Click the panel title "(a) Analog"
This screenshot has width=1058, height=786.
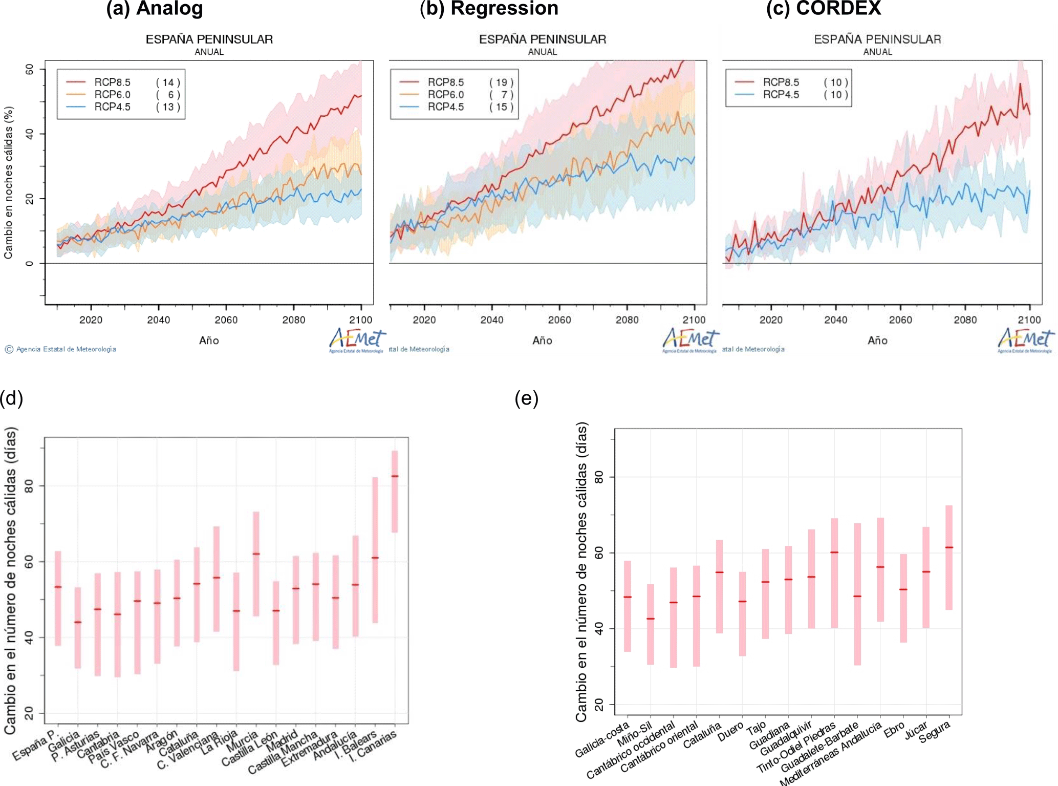point(154,9)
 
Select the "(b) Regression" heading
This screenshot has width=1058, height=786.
point(489,9)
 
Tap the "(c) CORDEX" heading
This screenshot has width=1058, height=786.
point(824,9)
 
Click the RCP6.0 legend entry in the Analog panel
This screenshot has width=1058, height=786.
point(112,95)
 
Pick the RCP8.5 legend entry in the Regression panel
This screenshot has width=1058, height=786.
point(445,82)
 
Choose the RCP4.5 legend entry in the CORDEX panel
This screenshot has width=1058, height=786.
point(781,95)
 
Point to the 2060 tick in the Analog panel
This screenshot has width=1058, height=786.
point(226,320)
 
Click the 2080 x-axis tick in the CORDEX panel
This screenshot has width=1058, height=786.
point(965,320)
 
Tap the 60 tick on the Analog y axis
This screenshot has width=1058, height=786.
point(30,69)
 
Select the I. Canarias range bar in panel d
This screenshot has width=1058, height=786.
point(395,492)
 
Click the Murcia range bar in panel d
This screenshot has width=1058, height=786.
point(256,563)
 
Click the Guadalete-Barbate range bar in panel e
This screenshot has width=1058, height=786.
point(857,594)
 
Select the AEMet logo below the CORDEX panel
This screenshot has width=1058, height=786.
point(1025,339)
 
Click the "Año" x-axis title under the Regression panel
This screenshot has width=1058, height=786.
point(542,341)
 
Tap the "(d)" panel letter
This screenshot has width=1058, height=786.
point(12,398)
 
